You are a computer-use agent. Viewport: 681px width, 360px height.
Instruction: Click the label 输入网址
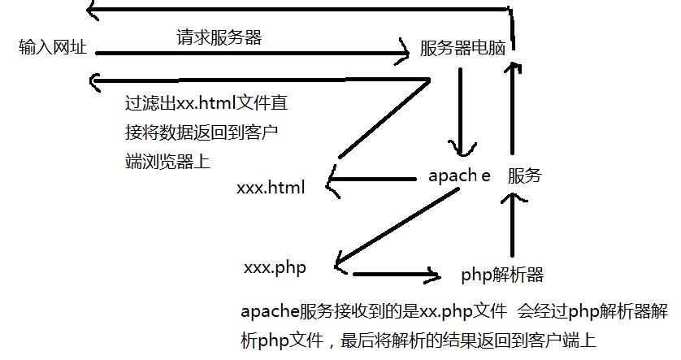[53, 47]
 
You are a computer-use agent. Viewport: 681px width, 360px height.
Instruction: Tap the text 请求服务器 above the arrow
[219, 37]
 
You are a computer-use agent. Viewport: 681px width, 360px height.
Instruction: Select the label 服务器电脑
[462, 48]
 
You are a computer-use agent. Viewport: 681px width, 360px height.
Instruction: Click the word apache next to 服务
[459, 176]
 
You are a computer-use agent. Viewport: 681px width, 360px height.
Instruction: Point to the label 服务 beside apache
[525, 176]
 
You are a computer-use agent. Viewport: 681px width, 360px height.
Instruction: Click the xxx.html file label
[271, 187]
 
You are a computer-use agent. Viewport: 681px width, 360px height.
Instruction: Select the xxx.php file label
[275, 267]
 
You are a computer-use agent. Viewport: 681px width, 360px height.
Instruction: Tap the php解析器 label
[502, 275]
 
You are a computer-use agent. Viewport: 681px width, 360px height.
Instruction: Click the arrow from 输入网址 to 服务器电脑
[252, 53]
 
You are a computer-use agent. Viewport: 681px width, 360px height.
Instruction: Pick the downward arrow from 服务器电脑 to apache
[461, 111]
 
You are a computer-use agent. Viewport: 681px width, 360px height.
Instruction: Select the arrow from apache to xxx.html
[371, 179]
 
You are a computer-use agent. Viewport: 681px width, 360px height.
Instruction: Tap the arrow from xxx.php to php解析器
[396, 275]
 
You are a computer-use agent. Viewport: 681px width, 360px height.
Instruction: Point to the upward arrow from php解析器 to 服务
[513, 225]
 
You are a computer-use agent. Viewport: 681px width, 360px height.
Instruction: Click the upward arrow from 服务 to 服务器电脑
[513, 109]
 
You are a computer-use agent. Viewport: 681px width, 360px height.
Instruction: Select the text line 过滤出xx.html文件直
[206, 103]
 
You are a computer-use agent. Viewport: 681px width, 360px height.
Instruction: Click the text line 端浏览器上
[167, 161]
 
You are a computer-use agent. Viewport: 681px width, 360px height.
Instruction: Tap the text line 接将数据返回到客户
[202, 132]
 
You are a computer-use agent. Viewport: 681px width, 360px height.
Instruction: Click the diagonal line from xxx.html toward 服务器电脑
[384, 118]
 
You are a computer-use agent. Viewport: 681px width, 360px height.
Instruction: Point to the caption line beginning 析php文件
[419, 340]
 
